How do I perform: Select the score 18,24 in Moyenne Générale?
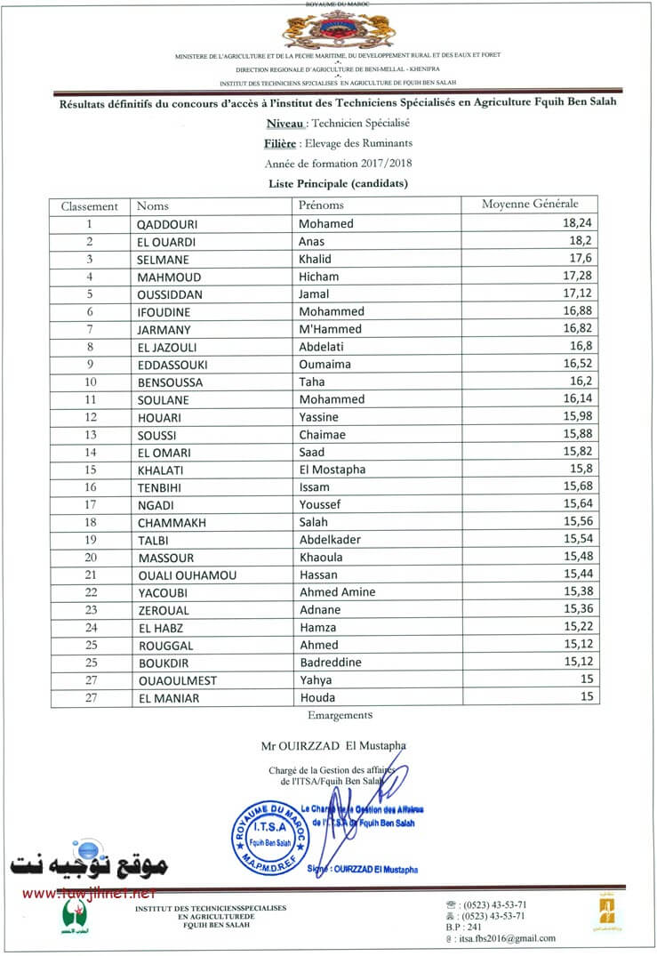pos(581,224)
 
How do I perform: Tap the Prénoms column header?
pos(321,205)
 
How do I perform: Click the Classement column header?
pos(89,206)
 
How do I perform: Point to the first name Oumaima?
pos(324,365)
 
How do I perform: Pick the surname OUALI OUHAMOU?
pos(188,575)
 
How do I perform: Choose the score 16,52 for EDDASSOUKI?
pos(581,365)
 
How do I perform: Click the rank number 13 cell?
pos(90,435)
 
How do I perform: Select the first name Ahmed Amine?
pos(338,592)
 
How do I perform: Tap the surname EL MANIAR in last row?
pos(169,698)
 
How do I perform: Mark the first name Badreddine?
pos(332,663)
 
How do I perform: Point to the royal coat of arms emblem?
pos(328,29)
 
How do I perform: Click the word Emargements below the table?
pos(340,715)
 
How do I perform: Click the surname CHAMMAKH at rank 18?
pos(172,523)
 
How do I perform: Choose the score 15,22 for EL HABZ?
pos(581,628)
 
